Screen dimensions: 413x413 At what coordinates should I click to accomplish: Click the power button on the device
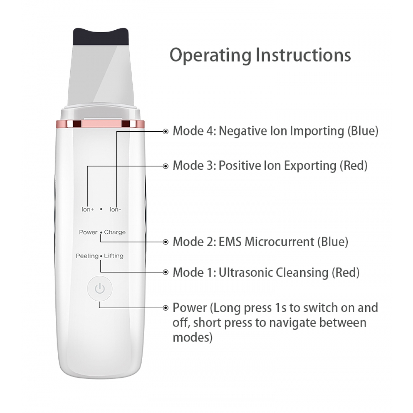click(x=100, y=289)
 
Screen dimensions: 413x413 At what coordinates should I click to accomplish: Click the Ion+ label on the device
click(x=88, y=209)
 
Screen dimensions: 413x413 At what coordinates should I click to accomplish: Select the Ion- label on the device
click(x=116, y=209)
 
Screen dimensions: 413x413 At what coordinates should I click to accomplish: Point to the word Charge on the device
click(x=115, y=232)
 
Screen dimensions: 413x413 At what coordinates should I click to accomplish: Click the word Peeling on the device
click(x=87, y=256)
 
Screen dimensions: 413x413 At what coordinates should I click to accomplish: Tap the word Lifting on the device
click(x=114, y=256)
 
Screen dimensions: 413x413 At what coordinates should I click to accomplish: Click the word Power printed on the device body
click(x=88, y=232)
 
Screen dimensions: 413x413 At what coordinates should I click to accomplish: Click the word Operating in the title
click(x=211, y=56)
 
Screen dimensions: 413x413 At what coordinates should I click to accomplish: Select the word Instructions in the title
click(x=304, y=55)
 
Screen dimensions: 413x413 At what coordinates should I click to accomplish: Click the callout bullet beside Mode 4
click(x=166, y=131)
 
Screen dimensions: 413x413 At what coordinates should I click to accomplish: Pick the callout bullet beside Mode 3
click(x=166, y=166)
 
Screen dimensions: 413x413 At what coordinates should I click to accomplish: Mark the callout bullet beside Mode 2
click(x=166, y=242)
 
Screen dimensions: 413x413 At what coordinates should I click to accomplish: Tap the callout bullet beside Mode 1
click(x=166, y=272)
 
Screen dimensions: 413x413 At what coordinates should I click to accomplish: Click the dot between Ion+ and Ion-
click(x=102, y=209)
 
